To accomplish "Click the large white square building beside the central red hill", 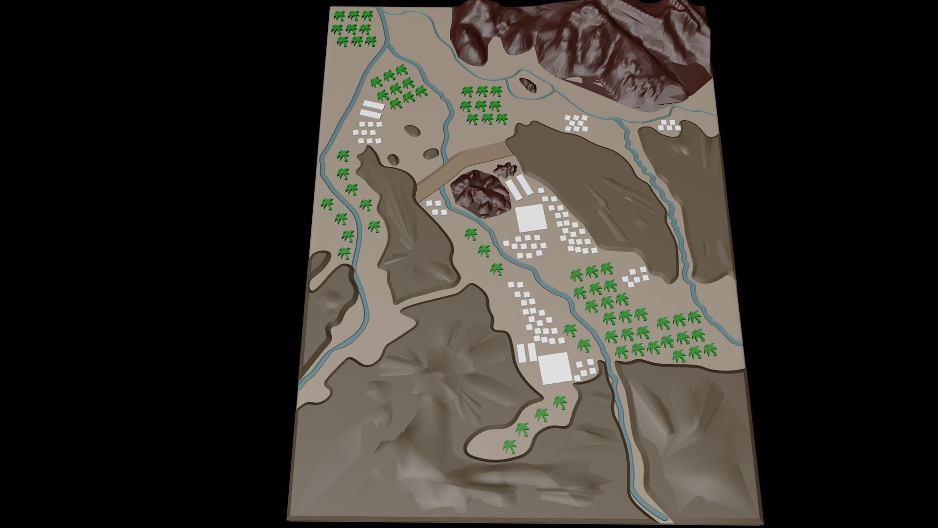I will click(531, 219).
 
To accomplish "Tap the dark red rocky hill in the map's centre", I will click(479, 194).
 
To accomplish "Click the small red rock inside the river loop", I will click(528, 85).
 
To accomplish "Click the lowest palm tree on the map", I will click(510, 446).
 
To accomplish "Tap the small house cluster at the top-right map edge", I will click(668, 126).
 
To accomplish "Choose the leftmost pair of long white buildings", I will click(371, 109).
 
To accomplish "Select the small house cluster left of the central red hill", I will click(435, 207).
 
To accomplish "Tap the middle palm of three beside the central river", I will click(484, 251).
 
